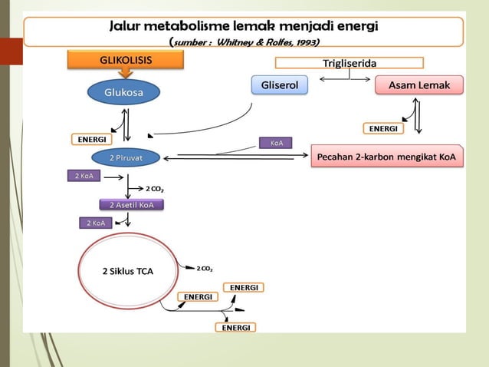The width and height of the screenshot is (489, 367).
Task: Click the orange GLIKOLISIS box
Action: (x=126, y=59)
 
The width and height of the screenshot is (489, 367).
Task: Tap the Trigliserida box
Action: (x=349, y=63)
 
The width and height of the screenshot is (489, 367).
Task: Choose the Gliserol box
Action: (x=280, y=85)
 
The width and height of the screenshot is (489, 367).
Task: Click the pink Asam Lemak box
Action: (x=418, y=85)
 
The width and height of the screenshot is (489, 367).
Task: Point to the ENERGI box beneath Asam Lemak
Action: (x=383, y=127)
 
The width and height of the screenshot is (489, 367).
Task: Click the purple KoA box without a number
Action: (x=274, y=142)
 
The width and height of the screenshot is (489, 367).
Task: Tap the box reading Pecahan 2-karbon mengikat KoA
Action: (x=388, y=157)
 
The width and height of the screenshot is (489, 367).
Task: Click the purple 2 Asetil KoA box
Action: (x=131, y=204)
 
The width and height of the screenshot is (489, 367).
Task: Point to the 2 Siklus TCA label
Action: (x=128, y=271)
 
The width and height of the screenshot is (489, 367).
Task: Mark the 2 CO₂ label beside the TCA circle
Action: (x=205, y=268)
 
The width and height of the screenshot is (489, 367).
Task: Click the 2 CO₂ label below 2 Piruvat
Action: (x=154, y=187)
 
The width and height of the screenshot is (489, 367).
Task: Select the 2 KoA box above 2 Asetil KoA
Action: (x=84, y=176)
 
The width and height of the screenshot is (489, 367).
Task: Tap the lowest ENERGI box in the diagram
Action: (x=236, y=327)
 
